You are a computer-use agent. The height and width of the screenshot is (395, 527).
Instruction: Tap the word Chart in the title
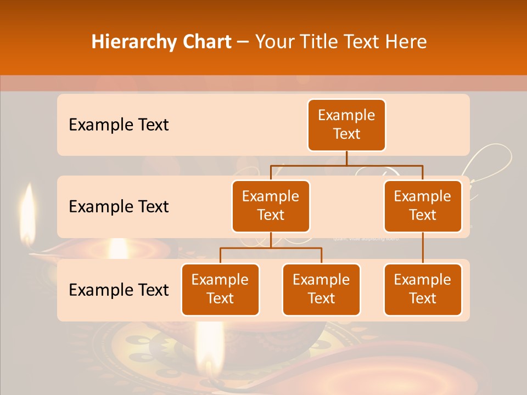coord(205,42)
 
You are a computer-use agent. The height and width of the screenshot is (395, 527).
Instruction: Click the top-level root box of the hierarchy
coord(346,125)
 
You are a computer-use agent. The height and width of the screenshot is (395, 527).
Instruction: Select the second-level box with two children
coord(271,206)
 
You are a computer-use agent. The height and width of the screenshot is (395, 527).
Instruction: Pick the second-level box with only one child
coord(423,206)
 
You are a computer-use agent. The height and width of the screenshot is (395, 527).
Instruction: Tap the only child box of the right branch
coord(423,289)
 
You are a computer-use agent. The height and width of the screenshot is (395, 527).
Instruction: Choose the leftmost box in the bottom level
coord(220,289)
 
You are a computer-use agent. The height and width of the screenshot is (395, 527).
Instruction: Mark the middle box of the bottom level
coord(321,289)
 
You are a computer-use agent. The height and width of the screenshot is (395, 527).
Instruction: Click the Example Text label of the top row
coord(119,125)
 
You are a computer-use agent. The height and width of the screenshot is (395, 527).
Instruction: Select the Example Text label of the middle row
coord(119,206)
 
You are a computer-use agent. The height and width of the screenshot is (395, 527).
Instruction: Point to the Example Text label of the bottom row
coord(119,290)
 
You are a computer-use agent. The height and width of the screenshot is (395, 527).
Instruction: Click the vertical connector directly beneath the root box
coord(346,158)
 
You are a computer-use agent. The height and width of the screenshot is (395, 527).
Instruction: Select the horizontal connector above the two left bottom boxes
coord(271,248)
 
